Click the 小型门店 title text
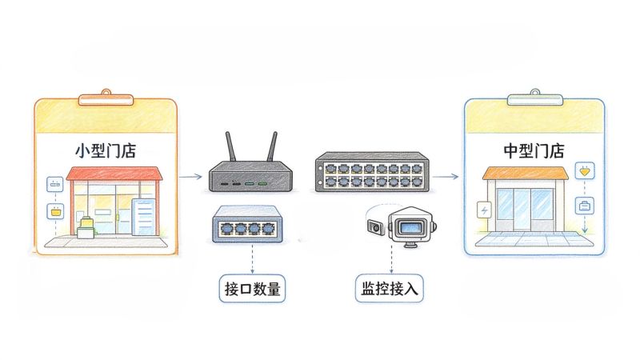pos(106,151)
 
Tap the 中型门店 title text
pos(534,151)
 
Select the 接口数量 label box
pos(252,289)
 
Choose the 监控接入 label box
pos(389,289)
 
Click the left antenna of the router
pos(230,146)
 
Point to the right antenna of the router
pos(272,146)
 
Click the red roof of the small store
pos(114,174)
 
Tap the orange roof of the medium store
pos(526,173)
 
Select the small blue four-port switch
pos(247,224)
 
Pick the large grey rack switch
pos(372,171)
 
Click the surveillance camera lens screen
pos(410,227)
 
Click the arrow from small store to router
pos(190,176)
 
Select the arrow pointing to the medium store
pos(446,176)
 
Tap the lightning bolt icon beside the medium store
pos(484,210)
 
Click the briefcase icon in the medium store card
pos(585,206)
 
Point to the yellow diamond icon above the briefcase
pos(585,171)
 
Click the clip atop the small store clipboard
pos(106,98)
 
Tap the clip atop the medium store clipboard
pos(535,98)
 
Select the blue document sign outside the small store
pos(144,217)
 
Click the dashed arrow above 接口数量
pos(252,258)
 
